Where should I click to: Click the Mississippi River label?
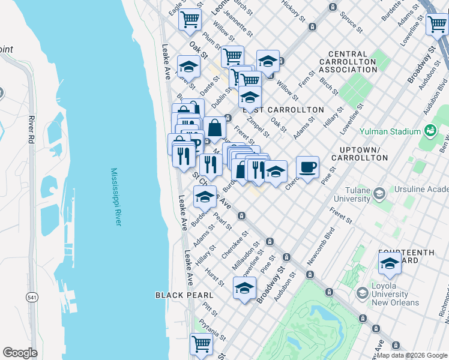click(x=116, y=197)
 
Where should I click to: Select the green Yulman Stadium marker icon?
click(x=429, y=130)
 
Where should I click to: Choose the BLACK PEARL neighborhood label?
click(x=184, y=295)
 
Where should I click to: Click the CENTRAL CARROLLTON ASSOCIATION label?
click(x=348, y=62)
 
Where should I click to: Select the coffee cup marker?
click(x=307, y=168)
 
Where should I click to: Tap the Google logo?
click(x=20, y=353)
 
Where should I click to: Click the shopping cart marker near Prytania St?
click(x=202, y=344)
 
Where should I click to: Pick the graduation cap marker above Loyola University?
click(x=390, y=264)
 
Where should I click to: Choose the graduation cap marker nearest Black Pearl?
click(x=244, y=289)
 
